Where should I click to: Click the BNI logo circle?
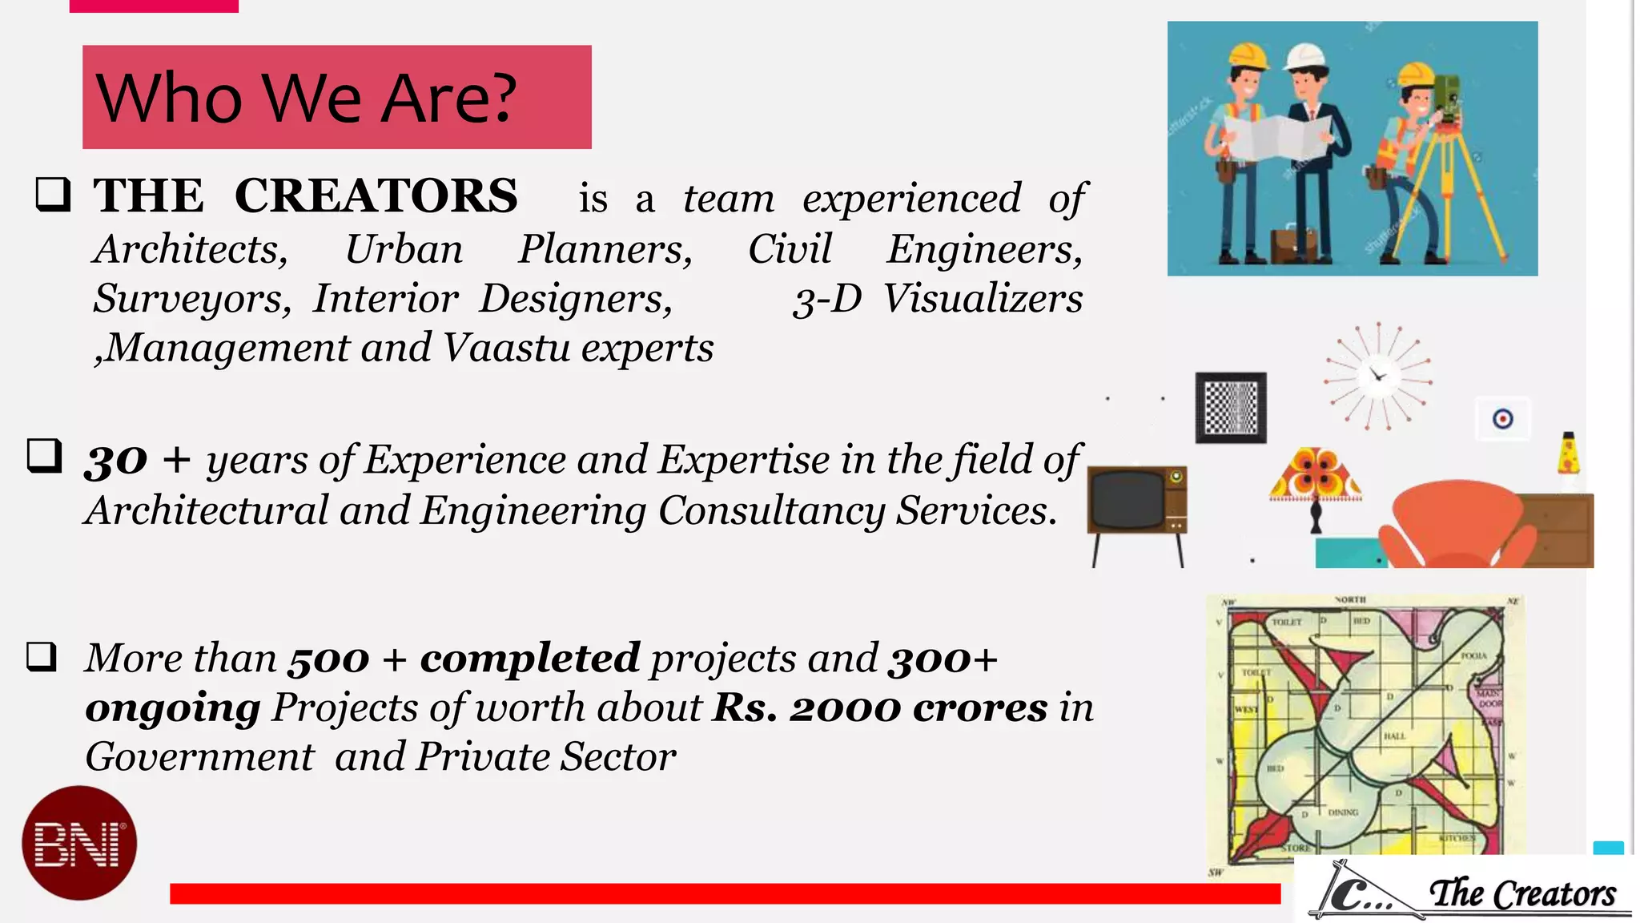[79, 843]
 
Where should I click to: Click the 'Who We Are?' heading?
[306, 98]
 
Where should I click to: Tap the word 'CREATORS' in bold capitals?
[376, 195]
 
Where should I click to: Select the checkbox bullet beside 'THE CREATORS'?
[54, 195]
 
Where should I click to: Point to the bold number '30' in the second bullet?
[115, 461]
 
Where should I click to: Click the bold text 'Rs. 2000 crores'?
[878, 707]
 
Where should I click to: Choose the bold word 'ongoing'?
[173, 707]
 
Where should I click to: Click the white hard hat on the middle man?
[1306, 58]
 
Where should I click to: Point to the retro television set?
[1136, 502]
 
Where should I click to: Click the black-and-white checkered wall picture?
[1231, 408]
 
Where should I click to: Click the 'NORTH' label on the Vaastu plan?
[1350, 600]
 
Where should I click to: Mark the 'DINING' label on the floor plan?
[1343, 812]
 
